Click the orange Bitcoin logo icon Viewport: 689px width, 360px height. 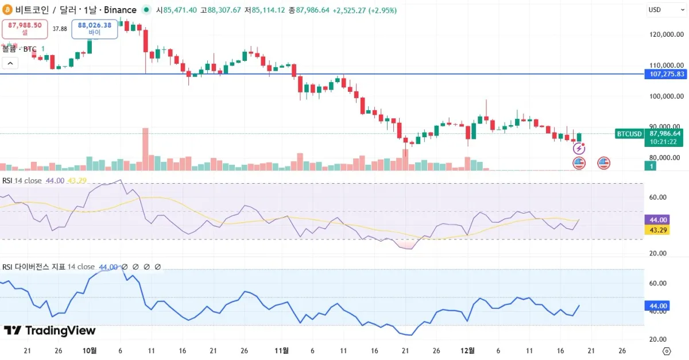click(8, 10)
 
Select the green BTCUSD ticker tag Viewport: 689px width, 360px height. click(629, 134)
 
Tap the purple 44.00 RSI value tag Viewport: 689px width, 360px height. click(658, 220)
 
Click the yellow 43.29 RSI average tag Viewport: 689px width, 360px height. click(658, 230)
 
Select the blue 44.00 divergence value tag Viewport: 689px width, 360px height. click(658, 305)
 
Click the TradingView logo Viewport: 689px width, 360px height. click(49, 331)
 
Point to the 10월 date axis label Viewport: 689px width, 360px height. click(90, 350)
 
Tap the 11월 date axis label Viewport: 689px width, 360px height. click(281, 350)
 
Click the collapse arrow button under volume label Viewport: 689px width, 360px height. click(9, 63)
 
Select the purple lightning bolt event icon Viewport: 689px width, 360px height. click(579, 149)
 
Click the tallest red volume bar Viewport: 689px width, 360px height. click(145, 149)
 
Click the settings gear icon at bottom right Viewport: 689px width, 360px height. click(667, 351)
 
